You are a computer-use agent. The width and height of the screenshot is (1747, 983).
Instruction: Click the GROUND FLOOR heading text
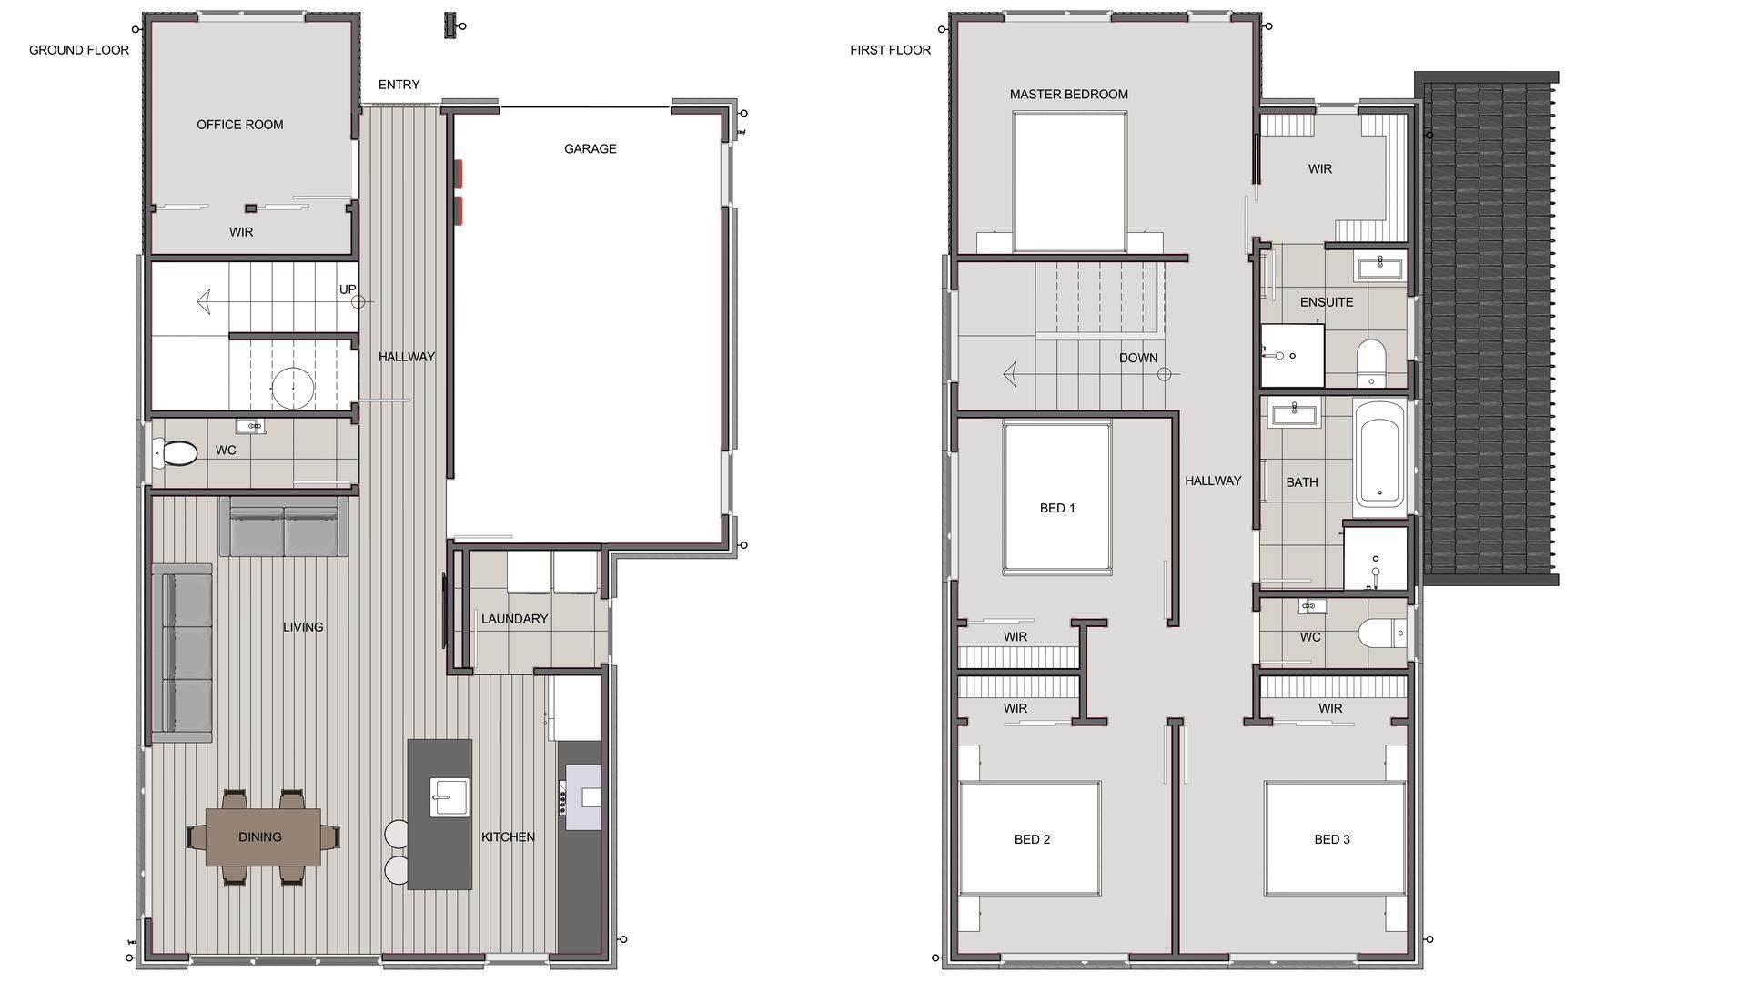click(79, 50)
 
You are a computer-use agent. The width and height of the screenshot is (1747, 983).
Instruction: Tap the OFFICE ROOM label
click(240, 125)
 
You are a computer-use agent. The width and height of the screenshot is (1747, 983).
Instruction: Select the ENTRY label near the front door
click(399, 85)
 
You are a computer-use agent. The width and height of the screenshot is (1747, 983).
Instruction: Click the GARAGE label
click(590, 148)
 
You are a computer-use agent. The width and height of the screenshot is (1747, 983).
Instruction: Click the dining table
click(263, 836)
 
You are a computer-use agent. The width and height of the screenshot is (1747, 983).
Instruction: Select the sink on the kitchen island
click(449, 796)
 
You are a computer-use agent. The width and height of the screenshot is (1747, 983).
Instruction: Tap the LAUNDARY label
click(514, 619)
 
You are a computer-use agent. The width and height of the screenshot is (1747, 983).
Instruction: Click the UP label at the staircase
click(348, 289)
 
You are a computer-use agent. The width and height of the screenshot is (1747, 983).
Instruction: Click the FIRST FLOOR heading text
click(890, 50)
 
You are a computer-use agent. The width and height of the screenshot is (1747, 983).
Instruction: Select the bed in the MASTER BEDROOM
click(1069, 182)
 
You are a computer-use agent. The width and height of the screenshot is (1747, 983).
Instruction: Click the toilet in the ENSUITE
click(1370, 361)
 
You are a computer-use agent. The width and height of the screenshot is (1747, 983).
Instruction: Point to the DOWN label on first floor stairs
click(1138, 358)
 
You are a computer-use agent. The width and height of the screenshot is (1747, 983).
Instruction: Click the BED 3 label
click(1332, 839)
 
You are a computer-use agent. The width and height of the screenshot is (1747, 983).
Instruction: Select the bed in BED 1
click(1057, 497)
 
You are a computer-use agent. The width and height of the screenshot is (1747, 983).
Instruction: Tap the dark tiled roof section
click(1488, 328)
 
